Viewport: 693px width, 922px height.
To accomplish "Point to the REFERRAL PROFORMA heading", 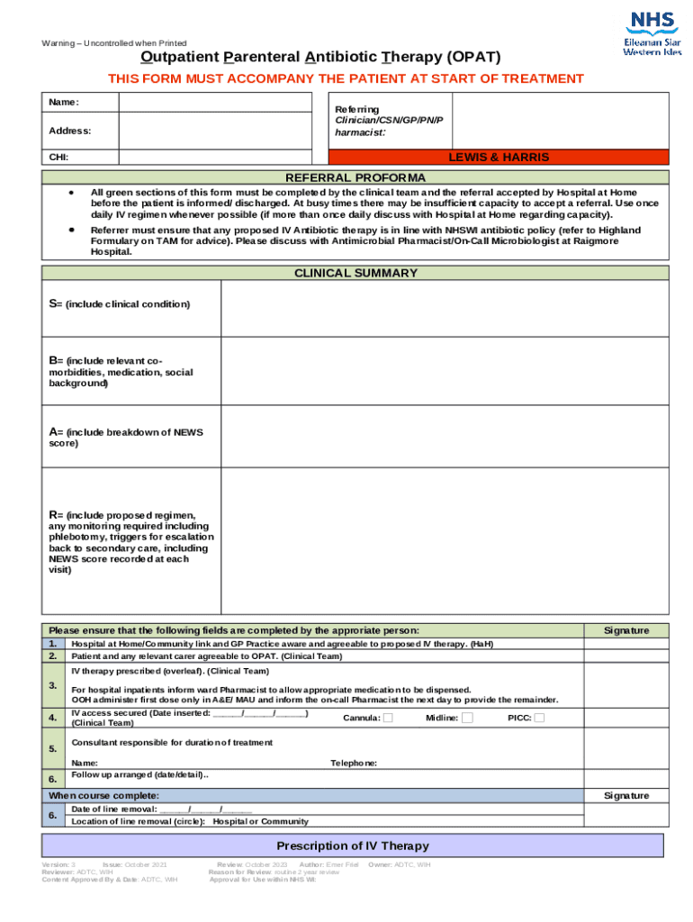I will tap(355, 177).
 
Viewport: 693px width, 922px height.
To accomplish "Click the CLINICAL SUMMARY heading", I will tap(355, 273).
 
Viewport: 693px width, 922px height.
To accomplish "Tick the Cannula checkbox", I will tap(388, 718).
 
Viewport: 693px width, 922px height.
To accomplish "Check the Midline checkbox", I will tap(467, 718).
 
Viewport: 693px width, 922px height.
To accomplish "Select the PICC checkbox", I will tap(538, 718).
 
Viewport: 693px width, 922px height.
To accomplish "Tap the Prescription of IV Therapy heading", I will tap(353, 845).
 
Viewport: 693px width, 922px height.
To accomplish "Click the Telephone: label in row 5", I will tap(354, 763).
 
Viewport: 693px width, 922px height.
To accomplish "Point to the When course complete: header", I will tap(104, 796).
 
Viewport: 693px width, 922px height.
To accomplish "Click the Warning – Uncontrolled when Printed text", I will tap(114, 43).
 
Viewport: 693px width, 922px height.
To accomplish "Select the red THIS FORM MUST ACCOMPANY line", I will tap(346, 78).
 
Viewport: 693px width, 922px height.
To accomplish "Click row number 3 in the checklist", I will tap(53, 686).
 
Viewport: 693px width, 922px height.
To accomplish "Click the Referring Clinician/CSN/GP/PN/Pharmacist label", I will tap(389, 121).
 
